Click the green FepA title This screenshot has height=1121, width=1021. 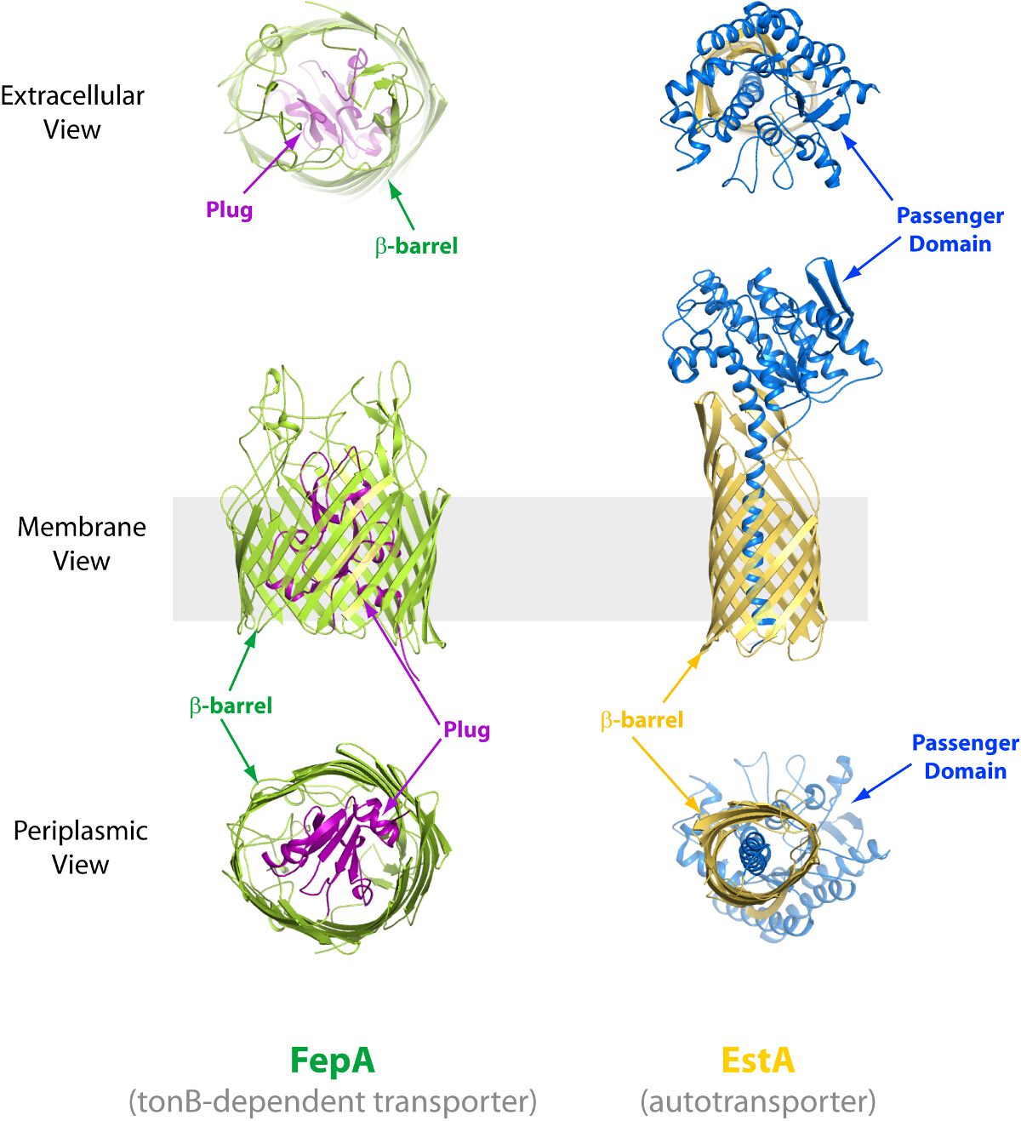332,1061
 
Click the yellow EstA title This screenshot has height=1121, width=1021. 757,1061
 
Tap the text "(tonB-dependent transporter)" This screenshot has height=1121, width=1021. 333,1101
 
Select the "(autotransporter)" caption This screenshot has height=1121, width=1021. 758,1101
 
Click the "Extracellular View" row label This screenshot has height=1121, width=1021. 72,112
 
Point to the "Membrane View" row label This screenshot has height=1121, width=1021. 82,544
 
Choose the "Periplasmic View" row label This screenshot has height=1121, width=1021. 81,848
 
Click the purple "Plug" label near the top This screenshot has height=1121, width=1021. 229,209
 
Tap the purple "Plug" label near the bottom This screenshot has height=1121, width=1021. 466,729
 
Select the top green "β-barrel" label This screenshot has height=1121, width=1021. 416,246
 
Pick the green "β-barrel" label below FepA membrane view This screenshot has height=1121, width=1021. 231,706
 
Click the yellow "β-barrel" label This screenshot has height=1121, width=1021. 642,720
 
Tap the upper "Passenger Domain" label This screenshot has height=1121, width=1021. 950,230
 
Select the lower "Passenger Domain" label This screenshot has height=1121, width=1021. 965,757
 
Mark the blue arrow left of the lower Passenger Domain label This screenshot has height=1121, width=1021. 881,782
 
